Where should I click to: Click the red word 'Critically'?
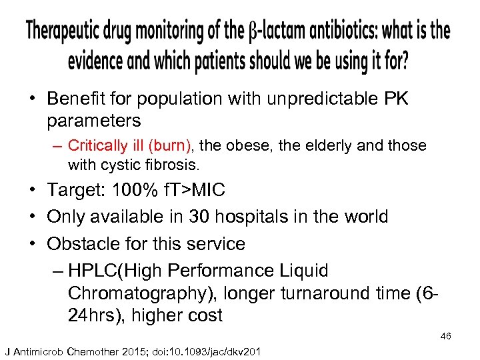[97, 145]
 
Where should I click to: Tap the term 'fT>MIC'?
[195, 190]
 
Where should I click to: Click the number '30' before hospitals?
[198, 217]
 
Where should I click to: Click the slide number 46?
[445, 337]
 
